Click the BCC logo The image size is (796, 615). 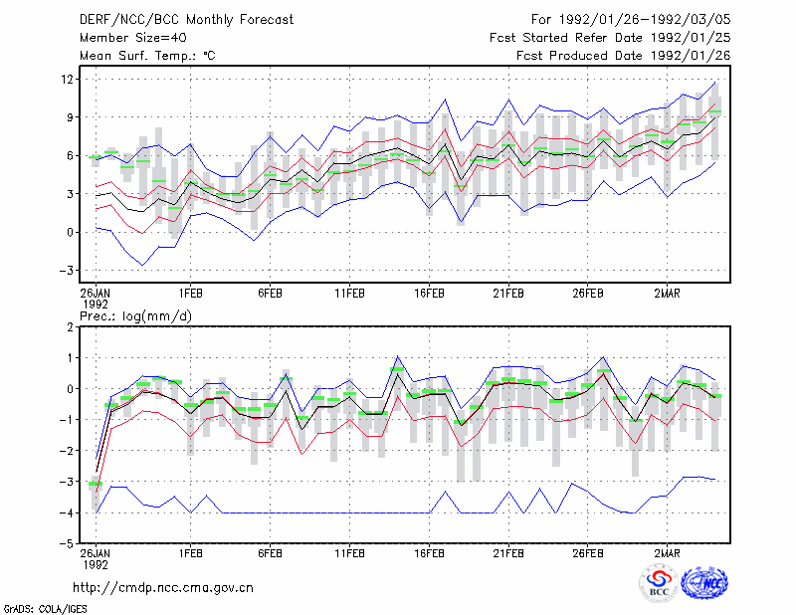tap(659, 583)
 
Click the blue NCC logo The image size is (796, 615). tap(704, 583)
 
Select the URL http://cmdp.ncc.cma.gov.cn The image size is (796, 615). tap(163, 588)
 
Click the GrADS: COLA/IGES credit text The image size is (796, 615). tap(45, 609)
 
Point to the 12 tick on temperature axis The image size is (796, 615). tap(68, 80)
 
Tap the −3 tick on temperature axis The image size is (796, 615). tap(66, 271)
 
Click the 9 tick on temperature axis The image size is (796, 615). tap(71, 117)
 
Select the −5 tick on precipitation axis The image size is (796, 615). tap(66, 543)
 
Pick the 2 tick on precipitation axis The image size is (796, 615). tap(70, 327)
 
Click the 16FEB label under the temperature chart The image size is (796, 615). tap(429, 294)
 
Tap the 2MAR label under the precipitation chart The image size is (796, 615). tap(667, 553)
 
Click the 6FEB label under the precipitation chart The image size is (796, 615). tap(270, 553)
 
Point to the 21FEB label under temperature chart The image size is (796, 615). tap(508, 294)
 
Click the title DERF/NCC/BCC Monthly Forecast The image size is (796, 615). tap(186, 20)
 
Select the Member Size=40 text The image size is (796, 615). tap(133, 38)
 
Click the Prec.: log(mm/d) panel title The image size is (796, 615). tap(135, 316)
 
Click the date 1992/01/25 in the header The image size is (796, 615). tap(691, 38)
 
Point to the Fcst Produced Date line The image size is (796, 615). tap(624, 56)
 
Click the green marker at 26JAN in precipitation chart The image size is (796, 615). tap(96, 484)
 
